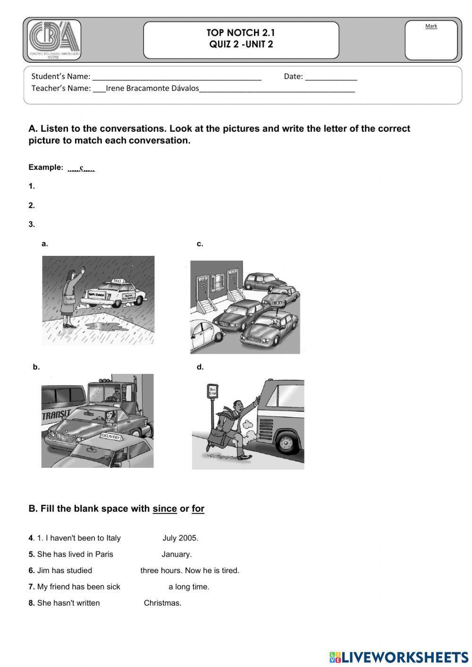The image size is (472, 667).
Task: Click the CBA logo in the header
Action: tap(54, 40)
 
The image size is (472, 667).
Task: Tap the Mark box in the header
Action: tap(431, 41)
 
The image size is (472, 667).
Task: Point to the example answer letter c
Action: tap(82, 168)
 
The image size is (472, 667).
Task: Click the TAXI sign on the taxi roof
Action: tap(117, 280)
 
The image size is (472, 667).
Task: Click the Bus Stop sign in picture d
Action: tap(212, 392)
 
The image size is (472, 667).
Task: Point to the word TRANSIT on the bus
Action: tap(56, 415)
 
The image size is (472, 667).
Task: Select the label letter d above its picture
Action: tap(200, 367)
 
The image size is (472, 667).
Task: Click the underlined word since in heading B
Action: tap(165, 509)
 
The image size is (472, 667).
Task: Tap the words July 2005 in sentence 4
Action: tap(180, 538)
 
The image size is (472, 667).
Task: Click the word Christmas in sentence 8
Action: tap(162, 603)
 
